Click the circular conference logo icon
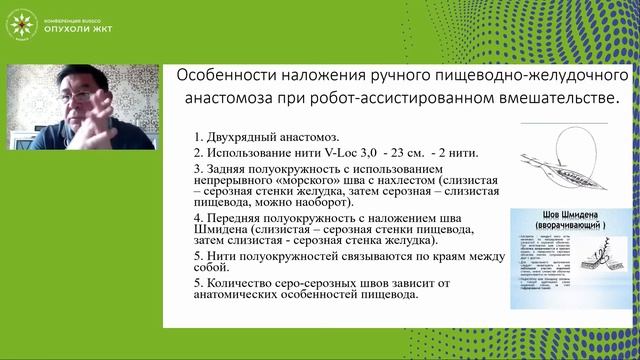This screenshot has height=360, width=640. pos(20,20)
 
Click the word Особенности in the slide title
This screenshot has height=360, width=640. pos(228,76)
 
